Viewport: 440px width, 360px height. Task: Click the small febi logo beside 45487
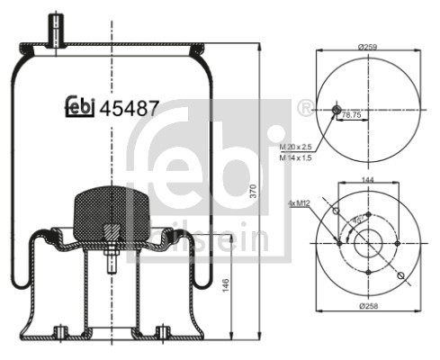(x=80, y=107)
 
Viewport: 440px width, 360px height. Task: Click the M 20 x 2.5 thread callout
(x=296, y=146)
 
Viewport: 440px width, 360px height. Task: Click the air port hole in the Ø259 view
(x=337, y=110)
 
